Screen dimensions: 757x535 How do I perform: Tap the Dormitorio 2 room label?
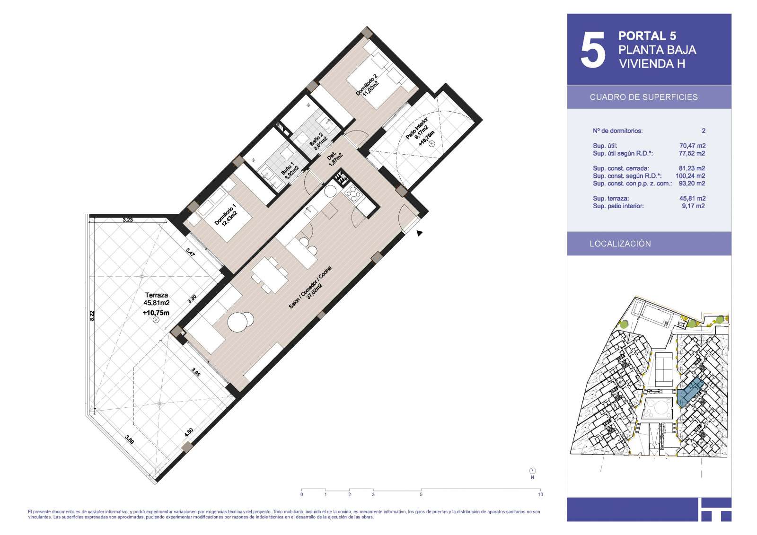367,85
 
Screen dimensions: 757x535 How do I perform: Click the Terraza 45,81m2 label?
157,299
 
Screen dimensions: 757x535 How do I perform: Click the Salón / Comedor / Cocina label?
310,287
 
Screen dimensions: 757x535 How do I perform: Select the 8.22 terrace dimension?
92,316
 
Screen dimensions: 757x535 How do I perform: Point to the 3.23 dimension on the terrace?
127,219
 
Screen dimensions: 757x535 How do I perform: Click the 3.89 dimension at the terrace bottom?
130,439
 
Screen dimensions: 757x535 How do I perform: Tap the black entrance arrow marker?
419,233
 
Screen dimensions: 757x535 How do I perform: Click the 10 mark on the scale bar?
540,494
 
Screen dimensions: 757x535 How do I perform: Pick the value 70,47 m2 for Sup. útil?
693,146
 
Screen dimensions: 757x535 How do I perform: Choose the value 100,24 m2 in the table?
690,176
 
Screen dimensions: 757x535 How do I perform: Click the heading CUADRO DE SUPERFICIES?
644,97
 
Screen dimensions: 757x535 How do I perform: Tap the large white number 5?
593,50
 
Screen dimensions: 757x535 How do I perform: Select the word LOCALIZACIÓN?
620,244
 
